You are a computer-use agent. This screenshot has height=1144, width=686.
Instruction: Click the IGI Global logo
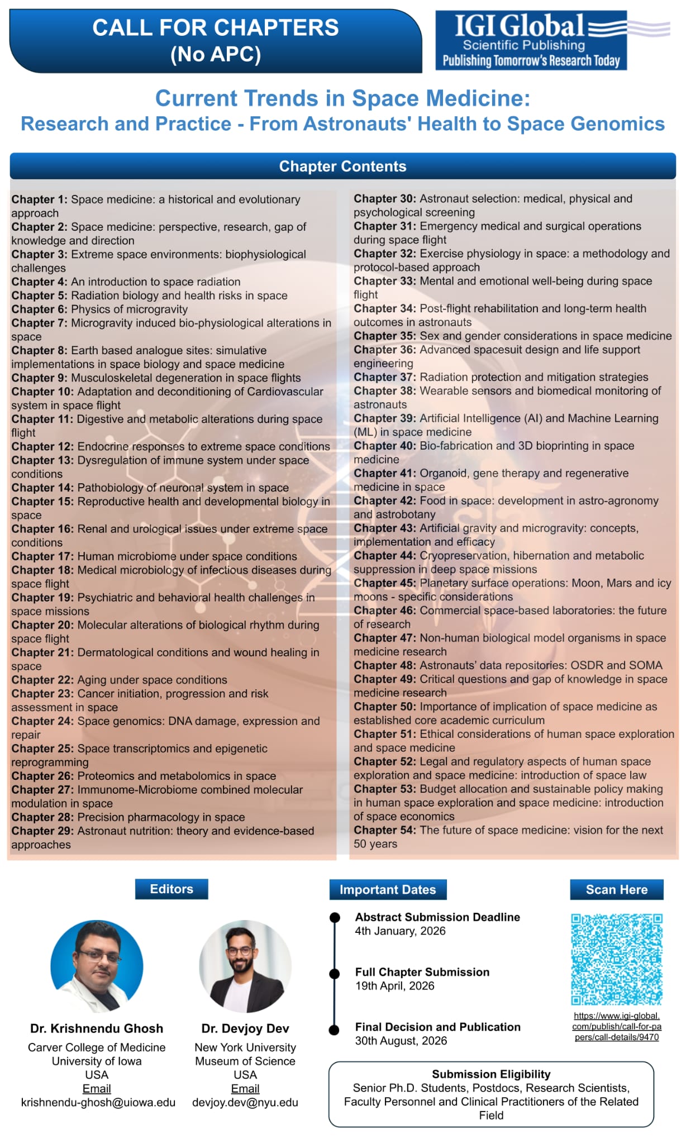(x=531, y=40)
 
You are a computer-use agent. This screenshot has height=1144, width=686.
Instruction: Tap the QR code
(x=617, y=959)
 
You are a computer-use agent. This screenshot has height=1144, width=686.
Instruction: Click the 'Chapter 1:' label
(x=39, y=199)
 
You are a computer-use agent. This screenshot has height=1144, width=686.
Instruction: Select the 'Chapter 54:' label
(x=384, y=830)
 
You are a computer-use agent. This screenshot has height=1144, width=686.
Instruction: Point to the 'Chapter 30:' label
(x=384, y=199)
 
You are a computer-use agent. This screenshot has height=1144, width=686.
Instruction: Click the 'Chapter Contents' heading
(x=342, y=166)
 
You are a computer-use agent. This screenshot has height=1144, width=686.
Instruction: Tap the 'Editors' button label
(x=171, y=889)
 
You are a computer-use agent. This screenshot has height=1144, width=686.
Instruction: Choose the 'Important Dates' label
(x=388, y=889)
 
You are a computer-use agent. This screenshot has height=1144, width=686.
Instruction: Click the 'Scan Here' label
(x=617, y=889)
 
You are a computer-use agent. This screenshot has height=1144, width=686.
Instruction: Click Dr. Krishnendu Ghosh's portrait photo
(x=97, y=966)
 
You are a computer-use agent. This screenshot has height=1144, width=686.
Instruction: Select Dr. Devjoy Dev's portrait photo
(x=245, y=966)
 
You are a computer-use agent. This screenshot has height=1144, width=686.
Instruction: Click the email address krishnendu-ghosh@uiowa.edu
(x=98, y=1102)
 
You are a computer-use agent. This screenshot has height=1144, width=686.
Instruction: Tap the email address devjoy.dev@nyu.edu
(x=245, y=1102)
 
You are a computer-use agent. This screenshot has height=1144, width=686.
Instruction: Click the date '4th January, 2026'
(x=400, y=931)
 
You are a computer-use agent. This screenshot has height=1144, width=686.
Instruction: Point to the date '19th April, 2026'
(x=394, y=985)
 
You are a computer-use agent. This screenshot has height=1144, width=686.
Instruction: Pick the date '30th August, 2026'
(x=401, y=1041)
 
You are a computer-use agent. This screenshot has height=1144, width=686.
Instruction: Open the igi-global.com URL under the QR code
(x=617, y=1027)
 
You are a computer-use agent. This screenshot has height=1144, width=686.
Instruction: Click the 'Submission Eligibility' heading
(x=491, y=1074)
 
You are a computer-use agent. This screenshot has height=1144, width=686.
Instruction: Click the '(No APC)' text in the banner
(x=216, y=55)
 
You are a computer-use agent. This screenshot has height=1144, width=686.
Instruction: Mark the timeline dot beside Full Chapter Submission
(x=335, y=974)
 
